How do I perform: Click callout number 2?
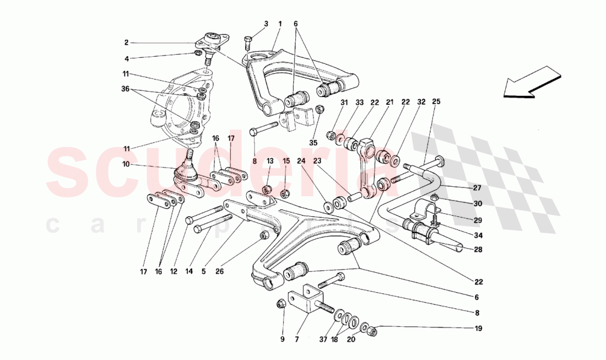(x=126, y=42)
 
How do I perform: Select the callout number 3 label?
(x=266, y=24)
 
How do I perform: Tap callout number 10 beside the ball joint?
(x=126, y=164)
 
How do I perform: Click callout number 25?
(x=436, y=102)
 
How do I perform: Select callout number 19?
(x=478, y=329)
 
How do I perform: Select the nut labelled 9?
(x=280, y=303)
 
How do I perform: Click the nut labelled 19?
(x=372, y=331)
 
